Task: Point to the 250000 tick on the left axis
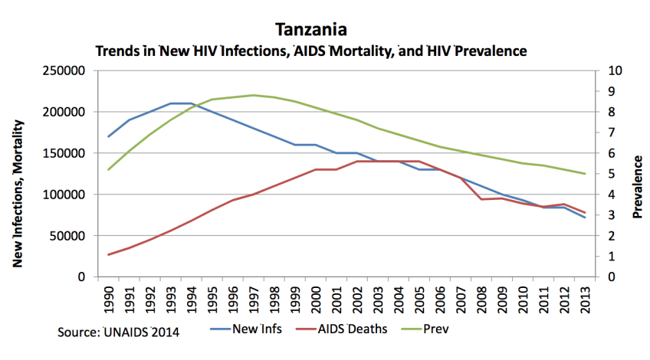(64, 71)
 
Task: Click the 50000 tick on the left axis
(67, 236)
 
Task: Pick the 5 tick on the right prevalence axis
(610, 175)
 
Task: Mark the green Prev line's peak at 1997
(254, 95)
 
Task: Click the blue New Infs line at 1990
(109, 136)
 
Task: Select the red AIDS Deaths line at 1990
(109, 254)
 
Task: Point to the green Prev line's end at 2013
(585, 174)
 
